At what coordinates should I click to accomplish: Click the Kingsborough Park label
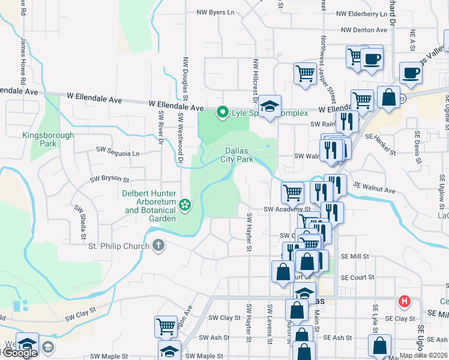coord(48,139)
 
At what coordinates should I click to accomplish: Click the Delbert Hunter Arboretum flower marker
coord(185,205)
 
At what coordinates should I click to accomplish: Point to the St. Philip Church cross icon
coord(158,245)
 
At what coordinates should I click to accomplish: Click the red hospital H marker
coord(405,301)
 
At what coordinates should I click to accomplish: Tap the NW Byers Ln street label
coord(215,12)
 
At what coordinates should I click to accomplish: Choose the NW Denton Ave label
coord(364,29)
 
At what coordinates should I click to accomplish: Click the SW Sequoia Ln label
coord(118,153)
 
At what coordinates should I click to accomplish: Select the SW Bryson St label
coord(110,179)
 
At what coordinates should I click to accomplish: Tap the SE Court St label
coord(357,277)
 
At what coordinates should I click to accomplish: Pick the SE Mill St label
coord(354,256)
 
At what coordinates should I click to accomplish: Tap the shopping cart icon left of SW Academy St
coord(292,193)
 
